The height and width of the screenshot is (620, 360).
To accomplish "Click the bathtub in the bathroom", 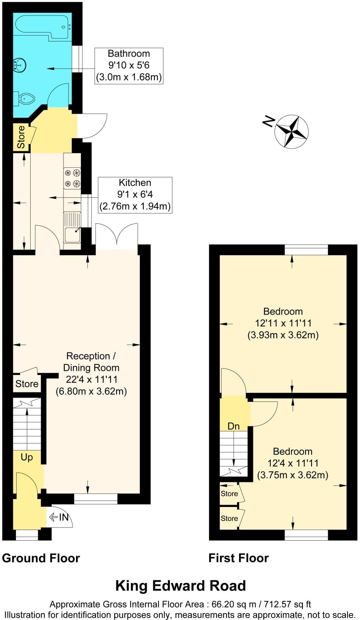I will click(42, 26).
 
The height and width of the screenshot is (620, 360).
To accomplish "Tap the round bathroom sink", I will click(20, 65).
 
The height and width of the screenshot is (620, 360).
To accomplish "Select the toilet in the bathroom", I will click(26, 99).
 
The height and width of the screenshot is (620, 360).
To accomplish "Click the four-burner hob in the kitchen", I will click(72, 178).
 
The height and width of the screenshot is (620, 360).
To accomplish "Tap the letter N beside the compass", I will click(268, 121).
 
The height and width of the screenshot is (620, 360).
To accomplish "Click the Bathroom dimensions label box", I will click(129, 66).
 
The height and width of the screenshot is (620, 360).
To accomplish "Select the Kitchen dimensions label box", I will click(135, 195).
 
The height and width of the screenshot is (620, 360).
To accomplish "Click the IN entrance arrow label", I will click(61, 517).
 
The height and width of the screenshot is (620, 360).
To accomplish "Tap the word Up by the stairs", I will click(26, 457).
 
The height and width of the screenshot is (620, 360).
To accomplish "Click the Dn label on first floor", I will click(233, 426).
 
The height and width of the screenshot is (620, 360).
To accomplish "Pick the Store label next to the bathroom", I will click(21, 137).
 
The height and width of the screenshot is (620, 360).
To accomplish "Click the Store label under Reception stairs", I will click(26, 384).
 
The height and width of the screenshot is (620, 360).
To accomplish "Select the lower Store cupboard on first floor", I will click(229, 518).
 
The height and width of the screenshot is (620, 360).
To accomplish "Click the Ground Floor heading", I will click(41, 558).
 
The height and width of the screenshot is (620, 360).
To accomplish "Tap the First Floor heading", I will click(238, 558).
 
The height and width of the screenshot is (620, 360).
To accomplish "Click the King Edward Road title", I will click(180, 586).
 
